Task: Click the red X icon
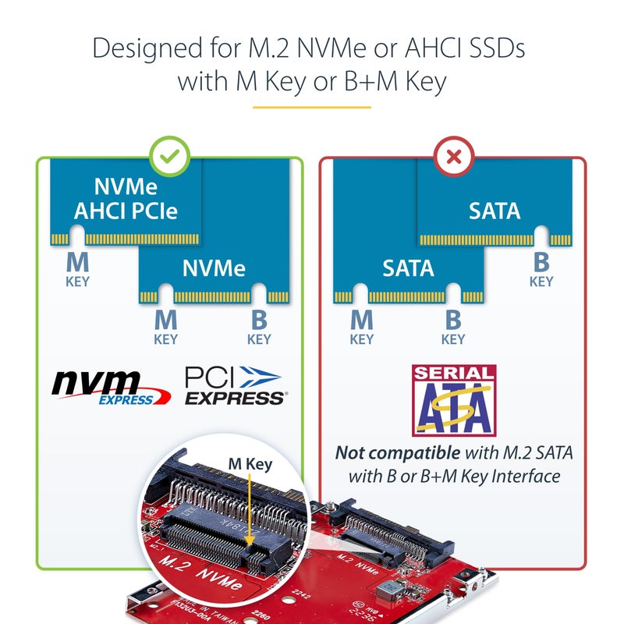pos(453,157)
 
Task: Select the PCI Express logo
pos(234,386)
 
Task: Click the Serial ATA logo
pos(453,399)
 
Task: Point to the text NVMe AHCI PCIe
pos(126,199)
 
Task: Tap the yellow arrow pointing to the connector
pos(248,507)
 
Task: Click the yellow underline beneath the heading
pos(312,107)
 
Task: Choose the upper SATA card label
pos(495,210)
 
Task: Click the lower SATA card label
pos(408,268)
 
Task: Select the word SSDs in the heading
pos(493,48)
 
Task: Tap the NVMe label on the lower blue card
pos(214,268)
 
